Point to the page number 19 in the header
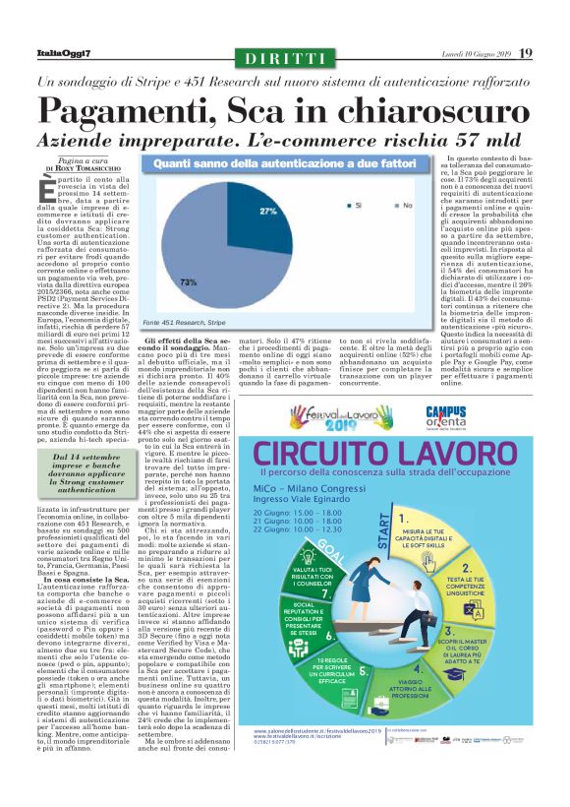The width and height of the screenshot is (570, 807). click(x=553, y=53)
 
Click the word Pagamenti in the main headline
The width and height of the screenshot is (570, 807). click(x=127, y=108)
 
